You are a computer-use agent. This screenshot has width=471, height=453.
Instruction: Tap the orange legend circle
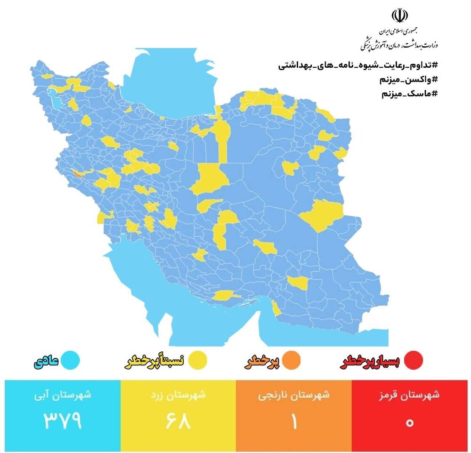(x=292, y=361)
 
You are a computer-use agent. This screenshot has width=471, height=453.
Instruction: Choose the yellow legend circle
(x=198, y=361)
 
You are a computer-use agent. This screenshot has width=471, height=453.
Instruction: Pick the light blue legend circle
(x=70, y=361)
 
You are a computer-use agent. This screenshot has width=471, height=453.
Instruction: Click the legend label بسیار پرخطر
(x=370, y=361)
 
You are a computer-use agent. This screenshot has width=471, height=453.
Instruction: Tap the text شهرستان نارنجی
(x=293, y=395)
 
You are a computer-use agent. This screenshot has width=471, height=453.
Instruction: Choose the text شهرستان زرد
(x=178, y=395)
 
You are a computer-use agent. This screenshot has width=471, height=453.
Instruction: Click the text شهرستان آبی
(x=63, y=395)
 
